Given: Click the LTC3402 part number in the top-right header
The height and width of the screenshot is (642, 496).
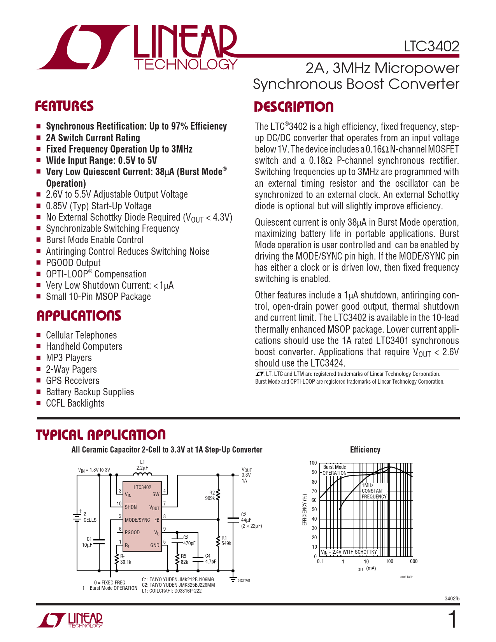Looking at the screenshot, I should pos(431,46).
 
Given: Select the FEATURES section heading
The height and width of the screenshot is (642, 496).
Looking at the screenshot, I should pos(64,106).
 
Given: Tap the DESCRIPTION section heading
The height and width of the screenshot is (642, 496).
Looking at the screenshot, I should pos(294,107).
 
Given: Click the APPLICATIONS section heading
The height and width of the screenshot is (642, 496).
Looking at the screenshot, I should pos(79,316).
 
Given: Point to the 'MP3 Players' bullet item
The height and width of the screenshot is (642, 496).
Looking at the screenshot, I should pos(69,358).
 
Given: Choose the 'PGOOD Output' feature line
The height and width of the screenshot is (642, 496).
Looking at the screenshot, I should pos(73,263).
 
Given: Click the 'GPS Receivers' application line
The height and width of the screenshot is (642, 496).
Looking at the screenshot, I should pos(73,381).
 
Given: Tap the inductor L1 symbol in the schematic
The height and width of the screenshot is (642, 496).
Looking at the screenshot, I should pos(142,474).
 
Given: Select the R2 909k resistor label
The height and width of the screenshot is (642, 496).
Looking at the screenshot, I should pos(210,495).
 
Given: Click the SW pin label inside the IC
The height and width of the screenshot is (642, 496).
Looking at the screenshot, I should pos(156,495).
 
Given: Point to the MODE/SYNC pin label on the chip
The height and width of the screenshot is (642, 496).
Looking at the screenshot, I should pos(137,520).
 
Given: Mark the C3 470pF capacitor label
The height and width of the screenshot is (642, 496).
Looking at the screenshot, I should pos(189,540).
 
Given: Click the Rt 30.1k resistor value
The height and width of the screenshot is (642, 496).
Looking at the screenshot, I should pos(126,562).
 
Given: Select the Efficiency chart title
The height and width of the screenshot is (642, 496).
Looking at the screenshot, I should pos(365,450).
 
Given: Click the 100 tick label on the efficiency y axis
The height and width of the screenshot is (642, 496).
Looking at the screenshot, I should pos(313,463).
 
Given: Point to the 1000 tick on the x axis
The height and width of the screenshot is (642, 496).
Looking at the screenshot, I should pos(412,561).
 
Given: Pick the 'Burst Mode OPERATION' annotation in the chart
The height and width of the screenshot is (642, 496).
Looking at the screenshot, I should pos(335,470).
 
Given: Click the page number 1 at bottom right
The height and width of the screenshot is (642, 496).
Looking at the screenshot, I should pos(452,620).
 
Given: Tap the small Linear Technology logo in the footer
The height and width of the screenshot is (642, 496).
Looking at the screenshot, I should pos(70,620).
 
